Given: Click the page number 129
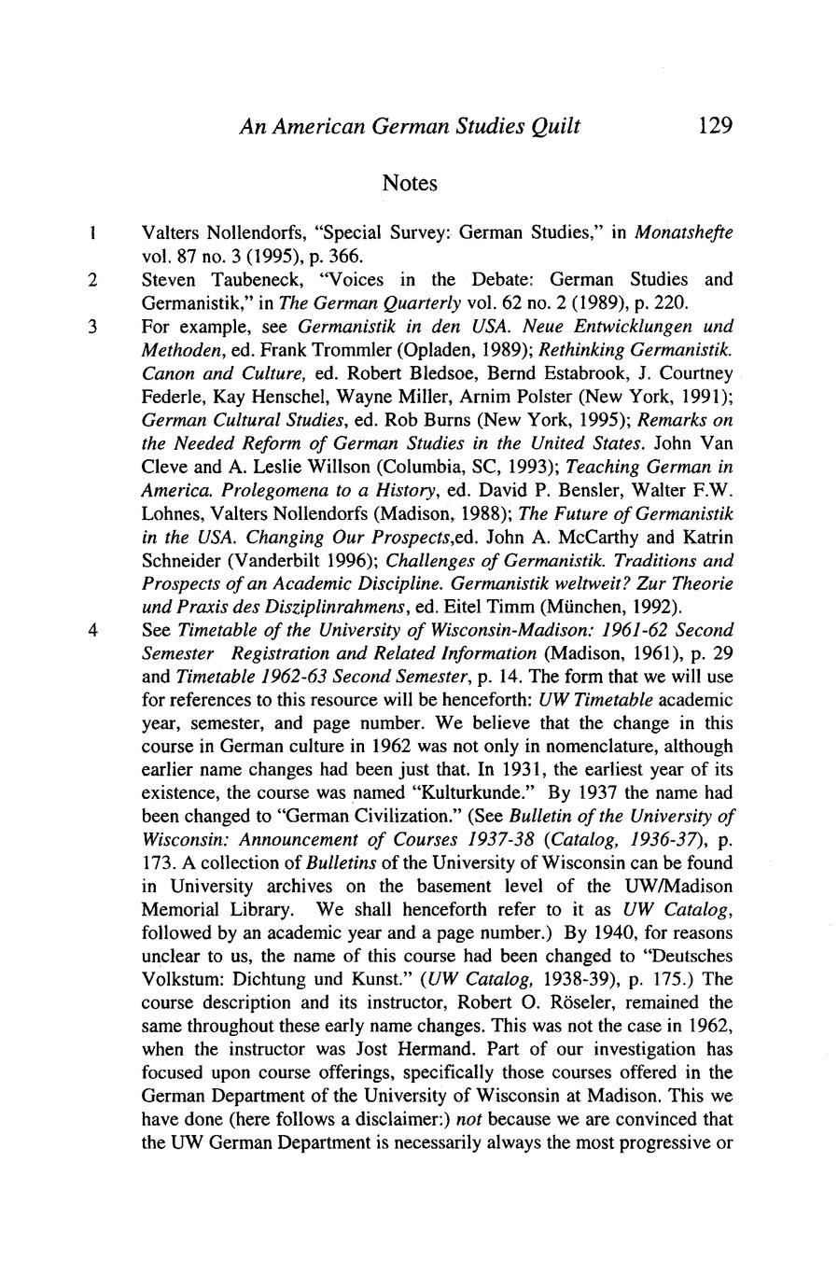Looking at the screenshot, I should pyautogui.click(x=715, y=125).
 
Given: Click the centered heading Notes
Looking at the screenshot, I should pyautogui.click(x=410, y=183).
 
